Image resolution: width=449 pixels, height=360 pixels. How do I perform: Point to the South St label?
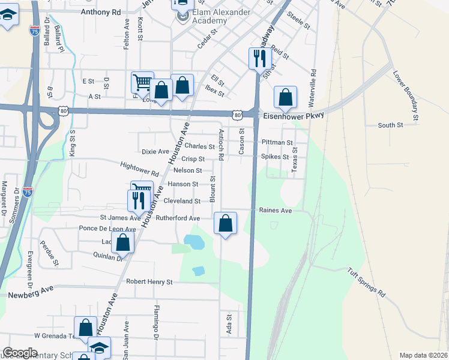tap(390, 125)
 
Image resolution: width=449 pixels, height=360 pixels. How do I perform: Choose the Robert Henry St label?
tap(149, 281)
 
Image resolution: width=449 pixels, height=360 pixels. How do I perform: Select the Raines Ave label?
tap(275, 211)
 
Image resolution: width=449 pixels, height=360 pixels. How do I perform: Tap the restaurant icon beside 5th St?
tap(259, 58)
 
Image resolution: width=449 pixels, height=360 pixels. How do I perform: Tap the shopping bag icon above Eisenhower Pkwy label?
tap(286, 97)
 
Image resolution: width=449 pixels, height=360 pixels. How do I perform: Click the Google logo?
tap(20, 353)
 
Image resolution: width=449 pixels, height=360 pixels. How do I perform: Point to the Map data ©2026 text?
tap(423, 355)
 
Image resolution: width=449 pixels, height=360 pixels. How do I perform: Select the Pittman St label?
tap(277, 143)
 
